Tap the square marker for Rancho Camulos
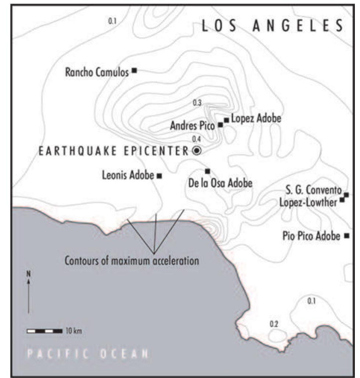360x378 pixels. (x=134, y=70)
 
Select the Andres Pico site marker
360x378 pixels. (x=220, y=125)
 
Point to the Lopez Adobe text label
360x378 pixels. (x=256, y=119)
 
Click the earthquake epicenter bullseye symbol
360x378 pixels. (x=197, y=150)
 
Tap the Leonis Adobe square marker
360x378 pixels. (x=159, y=176)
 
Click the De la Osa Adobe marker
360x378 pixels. (x=207, y=171)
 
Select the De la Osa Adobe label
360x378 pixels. (x=220, y=183)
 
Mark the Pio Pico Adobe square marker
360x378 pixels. (x=346, y=235)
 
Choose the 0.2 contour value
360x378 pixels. (x=274, y=324)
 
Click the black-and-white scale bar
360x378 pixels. (x=44, y=331)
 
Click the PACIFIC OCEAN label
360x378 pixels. (x=88, y=354)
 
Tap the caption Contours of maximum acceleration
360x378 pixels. (x=132, y=261)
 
